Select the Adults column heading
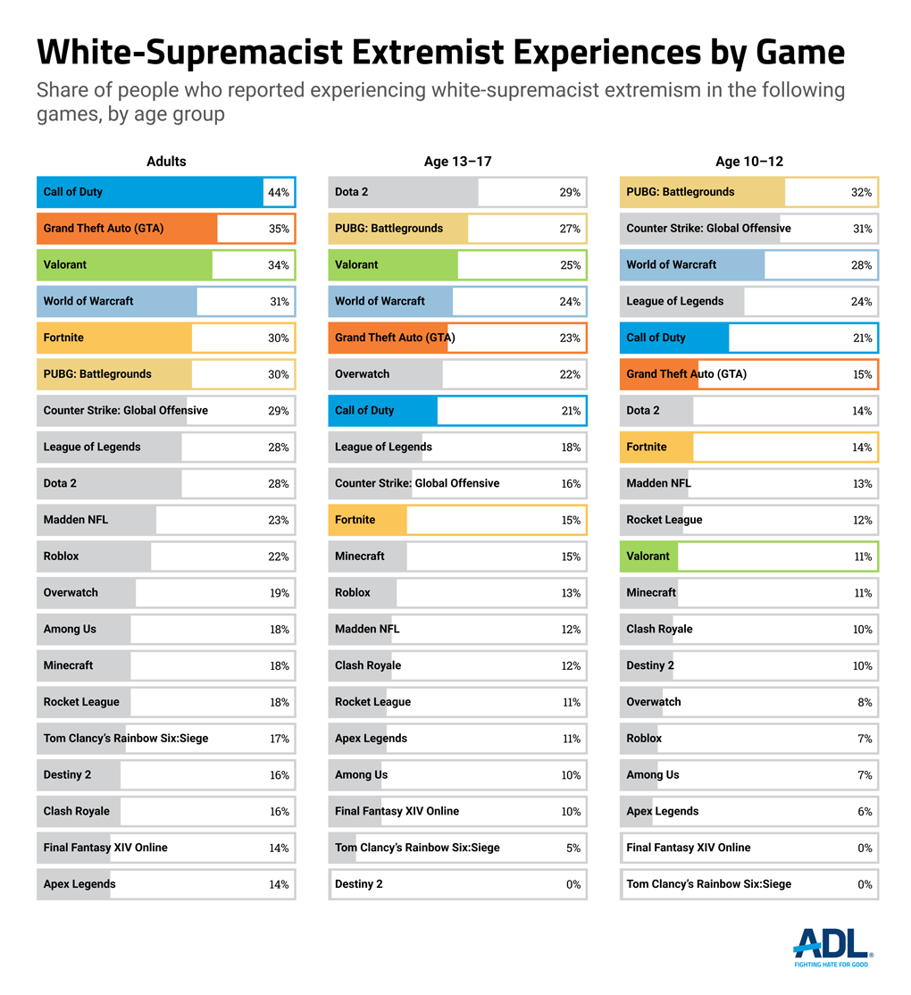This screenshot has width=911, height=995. [166, 162]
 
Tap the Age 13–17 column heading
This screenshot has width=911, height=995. [457, 162]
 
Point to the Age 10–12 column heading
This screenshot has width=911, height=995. [749, 162]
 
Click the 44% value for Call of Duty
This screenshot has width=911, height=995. [279, 193]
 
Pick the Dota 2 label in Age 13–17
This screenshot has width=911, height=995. [351, 192]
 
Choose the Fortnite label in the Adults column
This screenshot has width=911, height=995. [63, 338]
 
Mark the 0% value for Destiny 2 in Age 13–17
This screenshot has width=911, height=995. [573, 885]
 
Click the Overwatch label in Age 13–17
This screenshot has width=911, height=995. [362, 374]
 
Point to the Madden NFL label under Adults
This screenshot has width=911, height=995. [76, 520]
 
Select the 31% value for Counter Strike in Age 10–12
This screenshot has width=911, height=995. [862, 229]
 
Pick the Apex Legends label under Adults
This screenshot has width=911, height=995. [79, 884]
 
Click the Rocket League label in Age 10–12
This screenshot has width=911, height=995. [664, 520]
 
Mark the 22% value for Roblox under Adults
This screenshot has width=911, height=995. [279, 556]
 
